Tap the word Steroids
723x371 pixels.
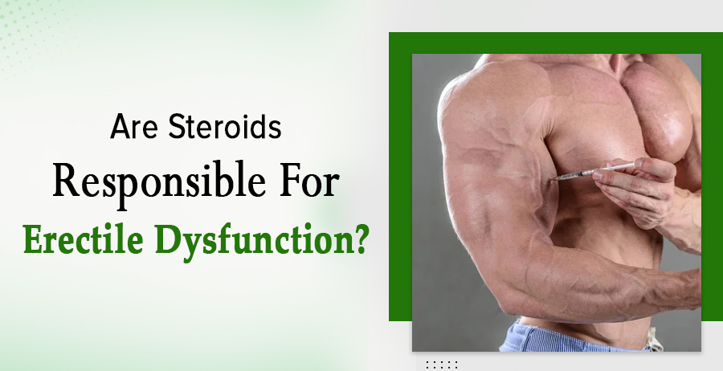click(225, 126)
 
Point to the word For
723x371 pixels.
click(309, 180)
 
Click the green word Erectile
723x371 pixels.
click(83, 239)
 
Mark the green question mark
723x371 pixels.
click(359, 239)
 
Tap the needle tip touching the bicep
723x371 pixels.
click(551, 180)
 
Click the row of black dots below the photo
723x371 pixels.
click(441, 365)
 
